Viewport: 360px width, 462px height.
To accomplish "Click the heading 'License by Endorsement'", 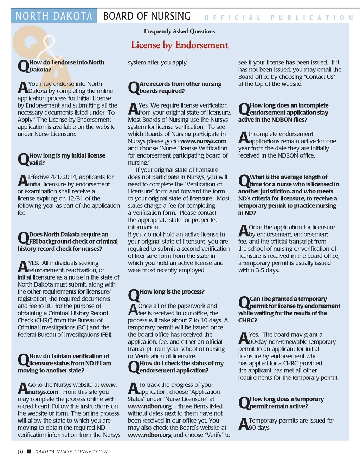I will click(179, 45).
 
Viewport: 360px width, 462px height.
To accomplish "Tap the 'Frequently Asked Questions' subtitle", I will click(179, 31).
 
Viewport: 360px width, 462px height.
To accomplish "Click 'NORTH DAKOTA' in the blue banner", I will click(54, 16).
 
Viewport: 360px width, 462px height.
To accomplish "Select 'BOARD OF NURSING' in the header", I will click(147, 16).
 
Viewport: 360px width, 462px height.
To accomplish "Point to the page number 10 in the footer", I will click(20, 452).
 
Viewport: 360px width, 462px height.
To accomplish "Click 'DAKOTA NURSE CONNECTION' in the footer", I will click(71, 452).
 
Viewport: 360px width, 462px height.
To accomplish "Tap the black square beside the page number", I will click(29, 451).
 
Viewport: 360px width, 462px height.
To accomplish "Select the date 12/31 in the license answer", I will click(78, 199).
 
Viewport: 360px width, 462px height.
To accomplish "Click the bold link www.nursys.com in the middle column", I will click(203, 141).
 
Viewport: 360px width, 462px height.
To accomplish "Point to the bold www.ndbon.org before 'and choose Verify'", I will click(150, 435).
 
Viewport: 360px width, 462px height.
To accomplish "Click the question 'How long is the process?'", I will click(172, 292).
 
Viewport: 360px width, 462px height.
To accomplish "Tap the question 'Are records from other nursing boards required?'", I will click(180, 88).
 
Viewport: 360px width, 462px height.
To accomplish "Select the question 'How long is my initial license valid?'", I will click(67, 159).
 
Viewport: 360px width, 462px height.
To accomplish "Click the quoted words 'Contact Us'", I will click(320, 77).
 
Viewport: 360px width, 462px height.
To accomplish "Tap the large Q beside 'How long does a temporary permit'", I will click(244, 403).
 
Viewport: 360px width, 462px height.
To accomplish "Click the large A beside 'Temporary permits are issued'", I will click(243, 424).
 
